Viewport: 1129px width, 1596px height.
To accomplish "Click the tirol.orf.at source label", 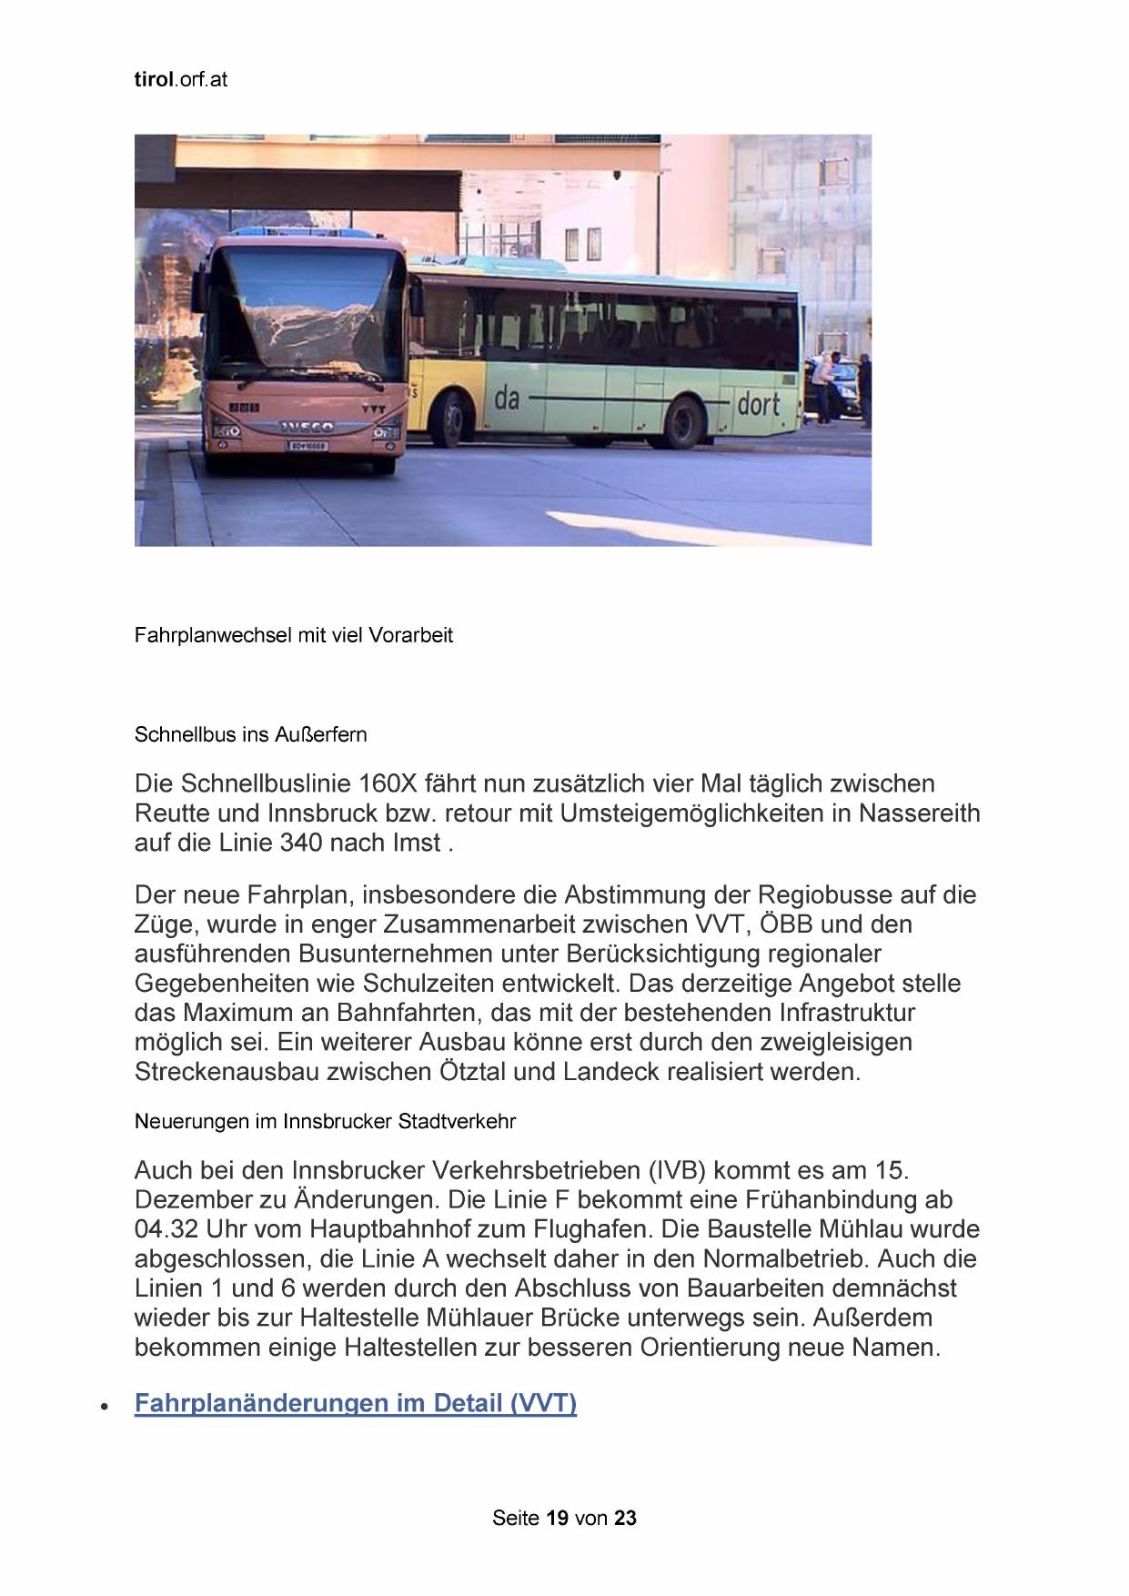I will [180, 79].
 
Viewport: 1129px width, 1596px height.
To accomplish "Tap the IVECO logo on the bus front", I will [306, 426].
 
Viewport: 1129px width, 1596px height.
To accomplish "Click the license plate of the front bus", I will [307, 445].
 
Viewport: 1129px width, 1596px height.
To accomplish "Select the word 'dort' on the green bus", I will [758, 403].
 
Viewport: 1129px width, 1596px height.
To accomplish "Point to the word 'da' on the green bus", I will [507, 398].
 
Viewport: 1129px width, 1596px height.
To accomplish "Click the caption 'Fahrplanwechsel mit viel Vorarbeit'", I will [293, 635].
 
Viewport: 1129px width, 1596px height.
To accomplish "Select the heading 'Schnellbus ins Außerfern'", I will [250, 734].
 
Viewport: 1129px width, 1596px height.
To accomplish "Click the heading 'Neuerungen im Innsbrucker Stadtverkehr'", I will [325, 1121].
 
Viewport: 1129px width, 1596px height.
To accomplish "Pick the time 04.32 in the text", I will [166, 1229].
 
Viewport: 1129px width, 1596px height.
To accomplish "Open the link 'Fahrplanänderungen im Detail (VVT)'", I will [355, 1402].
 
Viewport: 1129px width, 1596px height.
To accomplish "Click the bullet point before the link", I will [106, 1407].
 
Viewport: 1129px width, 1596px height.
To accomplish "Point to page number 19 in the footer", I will [558, 1518].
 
